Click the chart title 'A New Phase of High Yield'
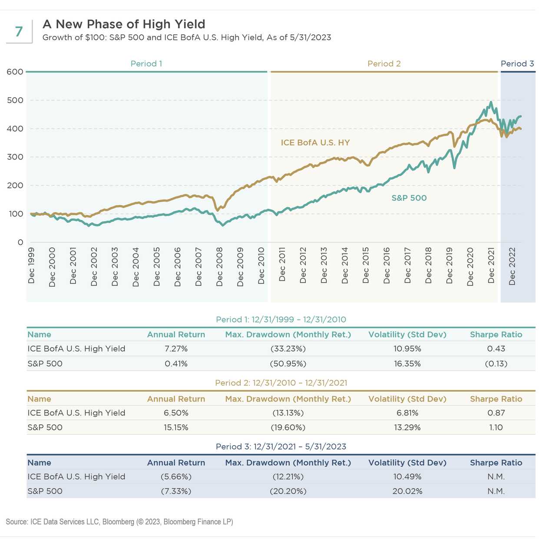(124, 24)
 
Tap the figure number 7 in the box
(19, 32)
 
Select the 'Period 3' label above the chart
(517, 64)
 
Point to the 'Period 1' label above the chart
(146, 64)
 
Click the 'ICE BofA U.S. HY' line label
(315, 143)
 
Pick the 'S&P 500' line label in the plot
(409, 198)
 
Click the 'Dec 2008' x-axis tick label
(219, 267)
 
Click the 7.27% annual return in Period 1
(176, 349)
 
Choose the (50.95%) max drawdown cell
(288, 363)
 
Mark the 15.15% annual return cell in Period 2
(176, 427)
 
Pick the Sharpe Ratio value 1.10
(496, 427)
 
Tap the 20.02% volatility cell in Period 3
(407, 491)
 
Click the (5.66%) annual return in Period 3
(176, 477)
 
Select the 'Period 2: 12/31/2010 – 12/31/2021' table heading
(281, 383)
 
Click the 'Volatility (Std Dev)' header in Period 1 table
(407, 335)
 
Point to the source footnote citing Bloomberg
(119, 522)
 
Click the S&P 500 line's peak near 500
(491, 103)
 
